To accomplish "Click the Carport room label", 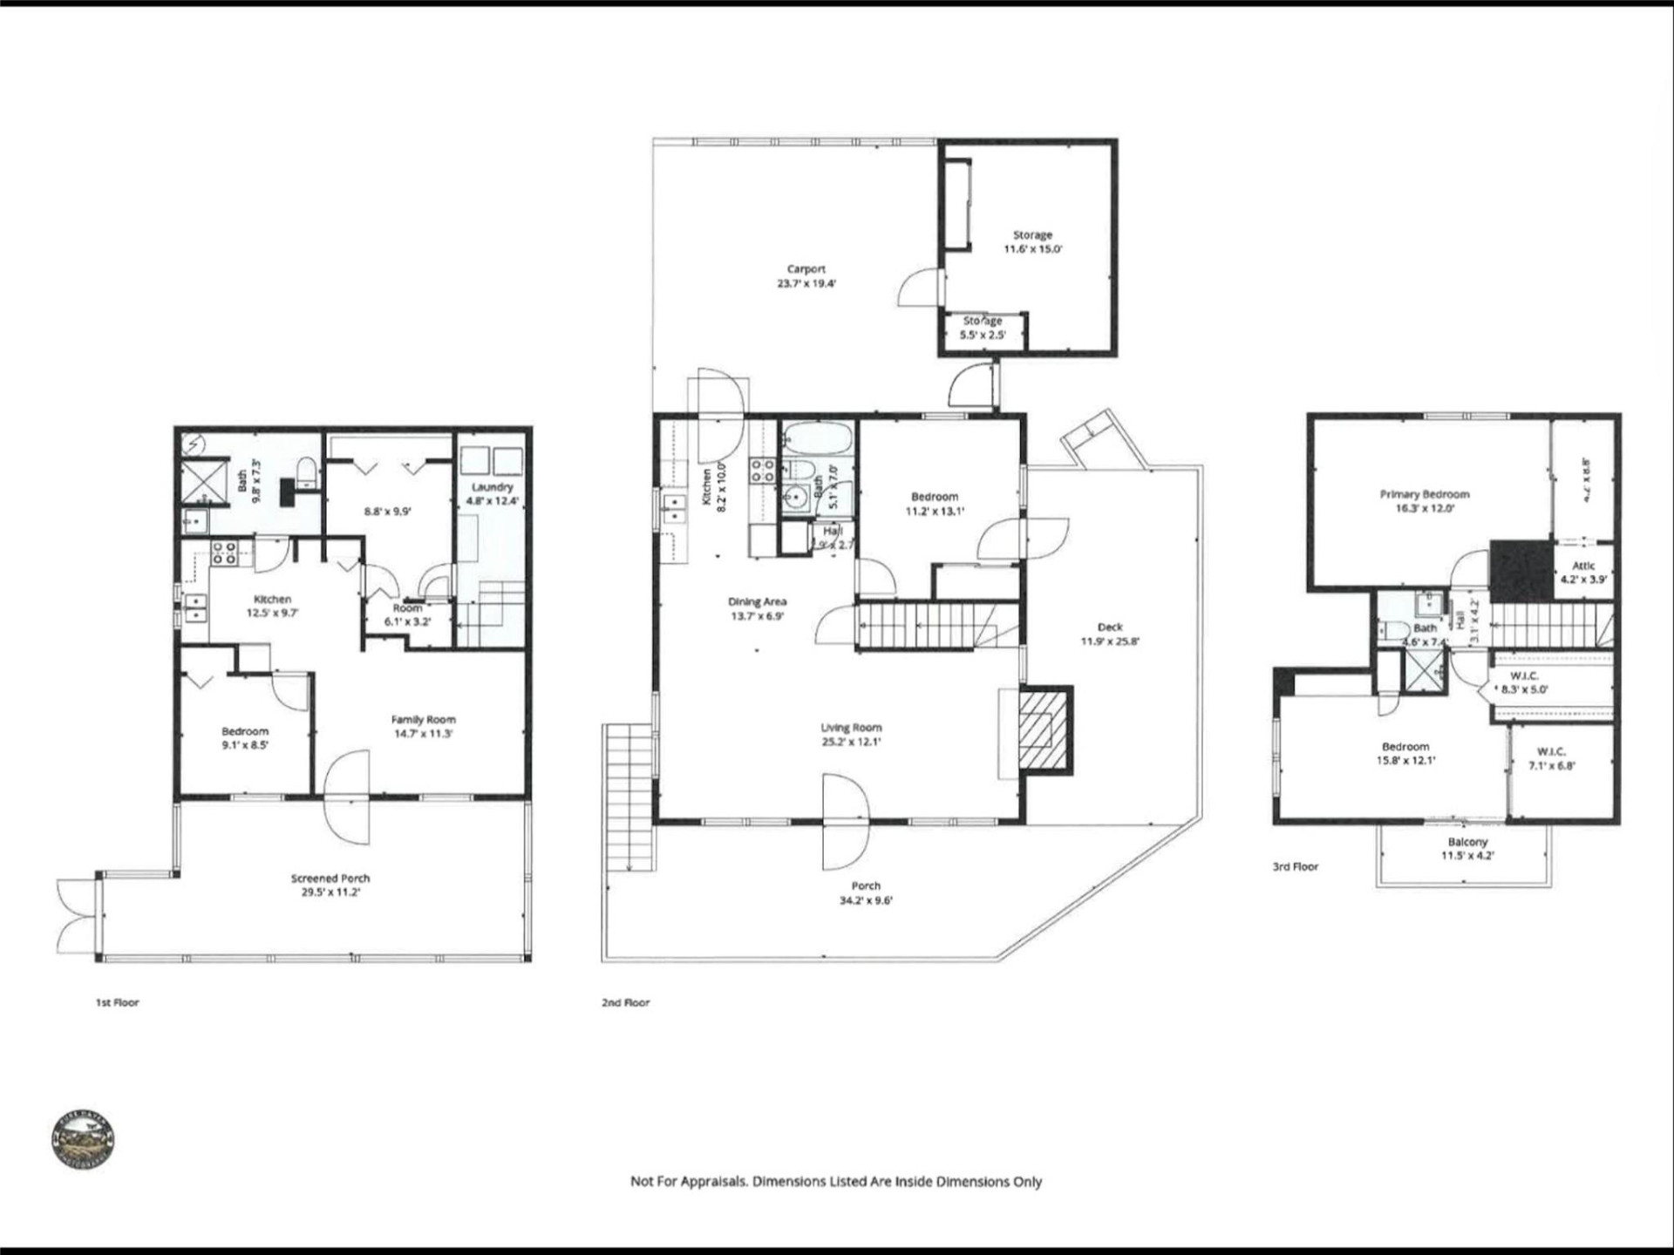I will coord(806,275).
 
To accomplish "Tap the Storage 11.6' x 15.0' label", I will coord(1032,241).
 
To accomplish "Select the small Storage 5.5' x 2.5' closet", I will coord(983,329).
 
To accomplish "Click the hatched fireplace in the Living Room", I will coord(1044,729).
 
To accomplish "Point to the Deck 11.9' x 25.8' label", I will coord(1110,634).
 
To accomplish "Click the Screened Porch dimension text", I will coord(330,892).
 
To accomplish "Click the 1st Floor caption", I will coord(117,1002).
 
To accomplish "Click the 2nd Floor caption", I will coord(625,1002).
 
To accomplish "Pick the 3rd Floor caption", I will coord(1295,866).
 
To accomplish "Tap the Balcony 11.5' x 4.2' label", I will coord(1467,848).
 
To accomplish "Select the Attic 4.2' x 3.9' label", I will coord(1583,572).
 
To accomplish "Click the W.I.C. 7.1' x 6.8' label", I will coord(1551,758).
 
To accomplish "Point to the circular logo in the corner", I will coord(83,1139).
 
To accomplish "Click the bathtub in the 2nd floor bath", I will coord(816,438).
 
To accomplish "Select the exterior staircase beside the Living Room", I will coord(629,797).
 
